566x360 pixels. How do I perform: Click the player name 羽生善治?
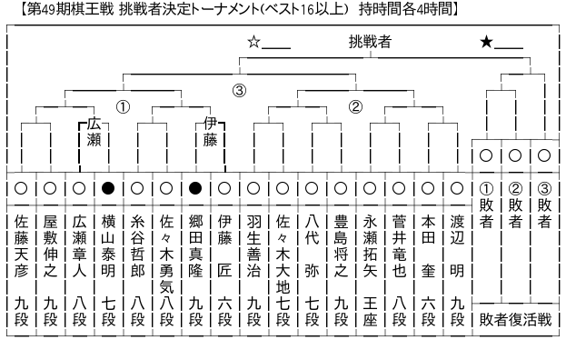pyautogui.click(x=253, y=245)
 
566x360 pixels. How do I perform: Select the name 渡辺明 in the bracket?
pyautogui.click(x=457, y=245)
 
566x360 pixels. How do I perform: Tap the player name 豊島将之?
pyautogui.click(x=341, y=245)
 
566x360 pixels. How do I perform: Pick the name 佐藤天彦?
pyautogui.click(x=21, y=245)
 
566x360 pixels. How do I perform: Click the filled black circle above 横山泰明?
pyautogui.click(x=108, y=188)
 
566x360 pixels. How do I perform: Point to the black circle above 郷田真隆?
pyautogui.click(x=195, y=188)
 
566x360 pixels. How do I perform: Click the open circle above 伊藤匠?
pyautogui.click(x=224, y=188)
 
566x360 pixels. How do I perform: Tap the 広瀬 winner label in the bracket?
pyautogui.click(x=94, y=132)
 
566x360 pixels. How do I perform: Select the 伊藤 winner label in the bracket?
pyautogui.click(x=210, y=132)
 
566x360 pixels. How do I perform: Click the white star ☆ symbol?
pyautogui.click(x=253, y=42)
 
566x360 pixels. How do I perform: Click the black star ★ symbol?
pyautogui.click(x=486, y=42)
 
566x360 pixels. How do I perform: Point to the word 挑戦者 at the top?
pyautogui.click(x=370, y=42)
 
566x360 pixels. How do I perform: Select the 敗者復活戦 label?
pyautogui.click(x=515, y=320)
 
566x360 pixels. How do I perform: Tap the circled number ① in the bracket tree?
pyautogui.click(x=123, y=107)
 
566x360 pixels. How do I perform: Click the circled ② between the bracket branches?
pyautogui.click(x=355, y=107)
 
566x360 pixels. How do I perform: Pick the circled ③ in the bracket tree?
pyautogui.click(x=239, y=90)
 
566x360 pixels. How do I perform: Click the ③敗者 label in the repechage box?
pyautogui.click(x=544, y=205)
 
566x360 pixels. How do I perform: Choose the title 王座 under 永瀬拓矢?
pyautogui.click(x=370, y=311)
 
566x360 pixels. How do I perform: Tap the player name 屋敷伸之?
pyautogui.click(x=50, y=245)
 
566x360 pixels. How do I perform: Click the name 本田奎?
pyautogui.click(x=428, y=245)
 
